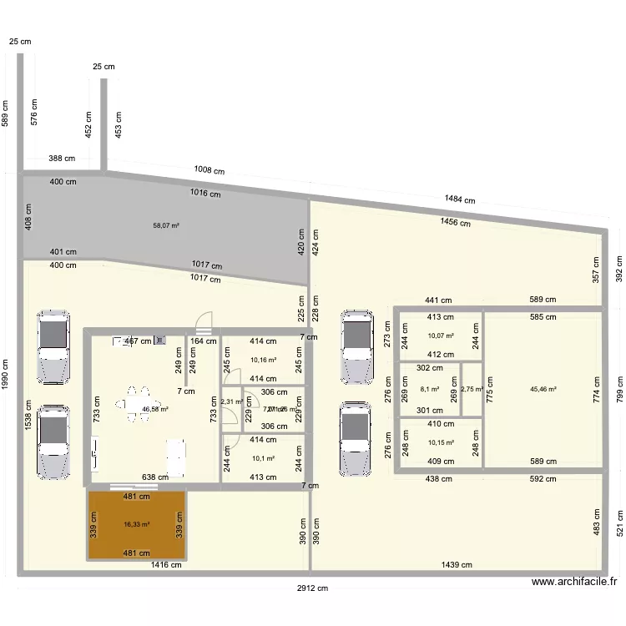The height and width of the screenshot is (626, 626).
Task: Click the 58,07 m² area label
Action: coord(166,225)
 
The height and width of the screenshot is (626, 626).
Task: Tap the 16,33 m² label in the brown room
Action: coord(136,524)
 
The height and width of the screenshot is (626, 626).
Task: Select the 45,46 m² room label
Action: coord(543,388)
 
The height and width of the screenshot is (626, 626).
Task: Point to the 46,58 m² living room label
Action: coord(155,409)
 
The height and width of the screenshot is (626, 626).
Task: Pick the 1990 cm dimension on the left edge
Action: coord(6,373)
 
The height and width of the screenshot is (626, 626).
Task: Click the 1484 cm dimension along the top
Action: coord(459,199)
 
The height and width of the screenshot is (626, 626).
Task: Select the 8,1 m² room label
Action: coord(430,388)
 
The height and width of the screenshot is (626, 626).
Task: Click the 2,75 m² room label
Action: coord(472,388)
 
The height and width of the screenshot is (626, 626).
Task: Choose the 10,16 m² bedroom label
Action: coord(263,361)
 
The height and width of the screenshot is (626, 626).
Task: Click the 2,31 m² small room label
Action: coord(231,401)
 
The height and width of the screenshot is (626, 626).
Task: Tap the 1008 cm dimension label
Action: coord(209,169)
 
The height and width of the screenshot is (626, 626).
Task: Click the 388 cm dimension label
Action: coord(63,158)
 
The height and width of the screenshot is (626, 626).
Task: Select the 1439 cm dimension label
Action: coord(457,564)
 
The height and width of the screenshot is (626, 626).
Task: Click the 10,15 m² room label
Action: coord(440,442)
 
